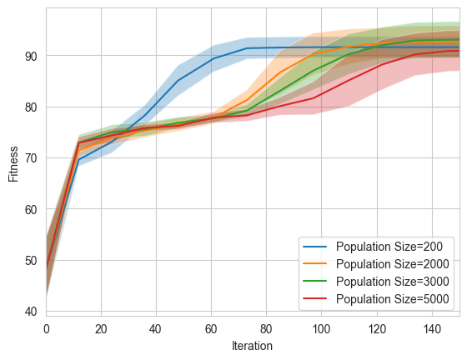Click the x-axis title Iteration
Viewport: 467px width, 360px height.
pyautogui.click(x=252, y=345)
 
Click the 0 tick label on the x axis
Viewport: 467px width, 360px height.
pyautogui.click(x=46, y=327)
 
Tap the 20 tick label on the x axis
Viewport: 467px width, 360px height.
pyautogui.click(x=101, y=327)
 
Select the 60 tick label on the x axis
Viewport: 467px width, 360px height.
pyautogui.click(x=211, y=327)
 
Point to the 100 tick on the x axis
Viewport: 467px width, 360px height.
pyautogui.click(x=321, y=327)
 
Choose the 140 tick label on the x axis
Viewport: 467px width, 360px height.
pyautogui.click(x=431, y=327)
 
